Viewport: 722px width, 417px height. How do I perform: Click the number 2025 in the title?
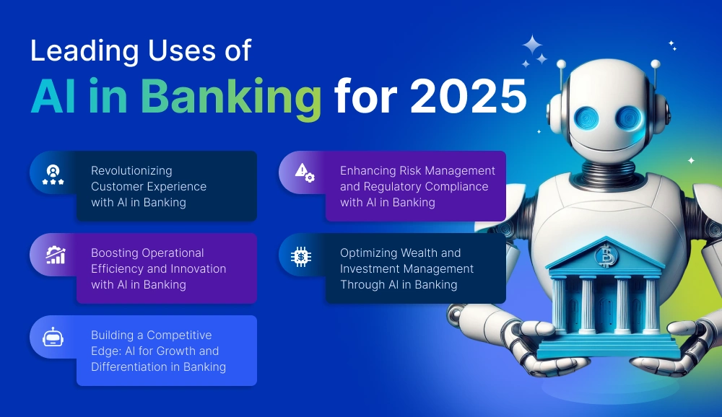click(x=469, y=96)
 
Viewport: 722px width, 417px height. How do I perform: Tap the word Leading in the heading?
click(x=84, y=51)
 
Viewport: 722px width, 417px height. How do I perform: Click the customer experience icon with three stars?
click(x=53, y=175)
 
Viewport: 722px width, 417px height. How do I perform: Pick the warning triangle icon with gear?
click(x=305, y=172)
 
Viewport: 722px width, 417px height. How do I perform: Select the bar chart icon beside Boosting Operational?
click(x=56, y=255)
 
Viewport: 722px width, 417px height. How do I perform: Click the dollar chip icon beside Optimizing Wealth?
click(x=301, y=256)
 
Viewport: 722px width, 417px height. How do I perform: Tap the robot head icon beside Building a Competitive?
click(x=53, y=337)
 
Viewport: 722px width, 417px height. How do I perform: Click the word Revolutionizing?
click(x=131, y=171)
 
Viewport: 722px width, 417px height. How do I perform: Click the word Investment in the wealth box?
click(x=367, y=269)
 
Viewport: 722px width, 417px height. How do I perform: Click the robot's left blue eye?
click(x=586, y=118)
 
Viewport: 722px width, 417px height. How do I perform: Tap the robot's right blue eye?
click(x=629, y=118)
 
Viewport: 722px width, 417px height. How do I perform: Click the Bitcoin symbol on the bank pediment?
click(x=604, y=256)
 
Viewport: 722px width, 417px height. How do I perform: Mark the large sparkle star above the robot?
click(x=532, y=45)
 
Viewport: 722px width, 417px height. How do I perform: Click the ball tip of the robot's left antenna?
click(x=561, y=64)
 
